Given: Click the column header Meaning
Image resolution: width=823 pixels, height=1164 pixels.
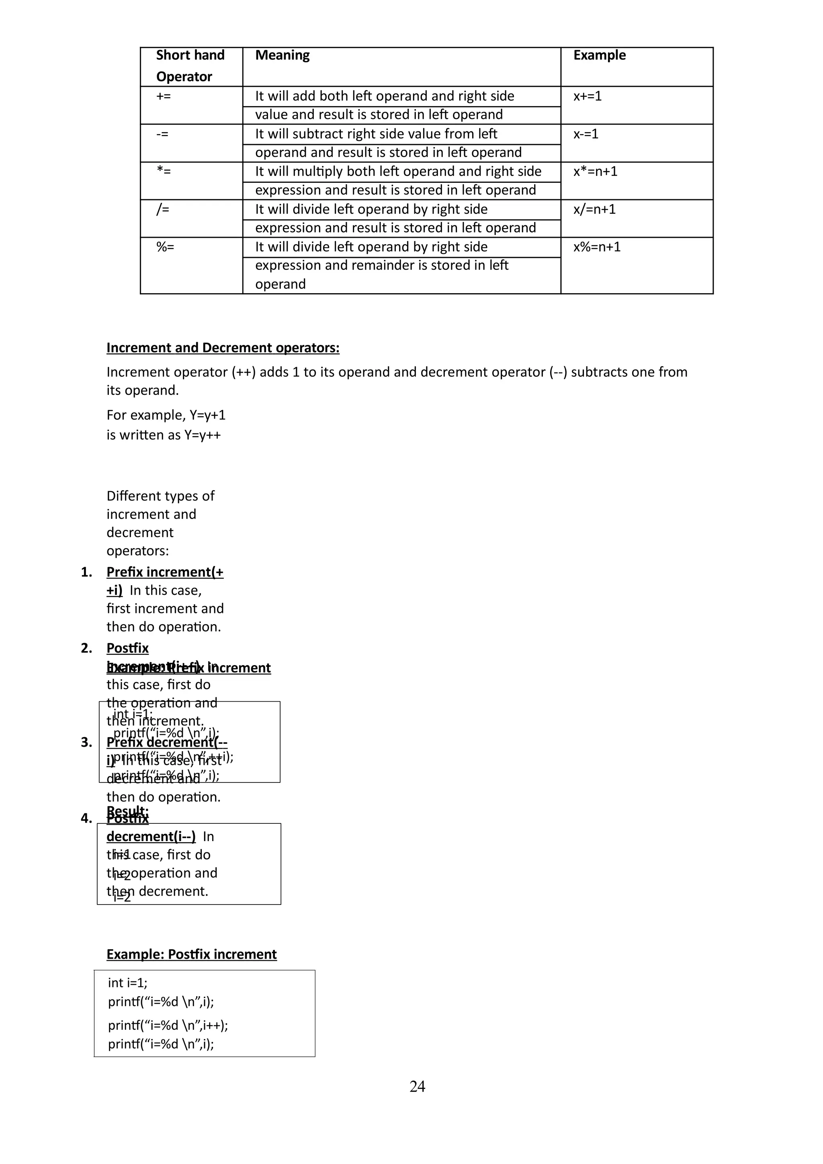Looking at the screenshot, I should point(282,55).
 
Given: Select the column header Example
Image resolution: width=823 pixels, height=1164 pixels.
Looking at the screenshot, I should point(600,55).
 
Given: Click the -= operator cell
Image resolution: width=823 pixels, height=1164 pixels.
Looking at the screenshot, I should point(162,134).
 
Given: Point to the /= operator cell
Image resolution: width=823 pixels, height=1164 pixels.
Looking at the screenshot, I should point(162,209).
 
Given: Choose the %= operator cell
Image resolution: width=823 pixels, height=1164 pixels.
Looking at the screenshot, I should point(165,247).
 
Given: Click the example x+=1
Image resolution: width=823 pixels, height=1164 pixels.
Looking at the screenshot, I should point(587,96).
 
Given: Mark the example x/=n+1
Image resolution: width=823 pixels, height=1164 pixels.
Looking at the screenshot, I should point(594,209).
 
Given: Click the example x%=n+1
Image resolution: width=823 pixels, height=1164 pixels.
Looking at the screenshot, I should point(597,247).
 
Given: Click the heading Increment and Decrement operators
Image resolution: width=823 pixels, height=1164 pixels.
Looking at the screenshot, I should point(223,348).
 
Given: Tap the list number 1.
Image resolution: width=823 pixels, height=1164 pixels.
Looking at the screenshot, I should point(86,572).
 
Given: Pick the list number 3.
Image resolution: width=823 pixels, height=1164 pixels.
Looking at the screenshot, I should point(86,742).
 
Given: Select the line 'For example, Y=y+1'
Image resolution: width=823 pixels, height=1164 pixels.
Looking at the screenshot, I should point(166,415).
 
